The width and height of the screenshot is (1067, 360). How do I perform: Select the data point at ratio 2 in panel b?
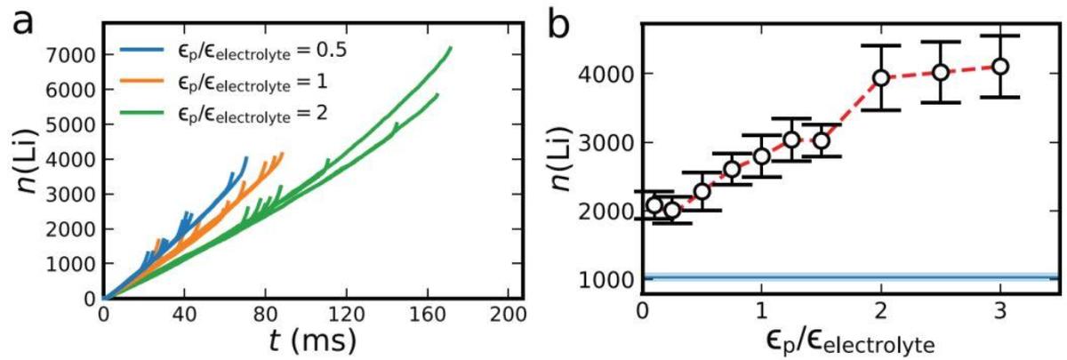tap(881, 78)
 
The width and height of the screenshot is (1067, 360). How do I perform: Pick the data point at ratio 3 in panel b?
tap(1000, 67)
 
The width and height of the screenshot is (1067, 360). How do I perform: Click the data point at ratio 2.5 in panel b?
tap(941, 72)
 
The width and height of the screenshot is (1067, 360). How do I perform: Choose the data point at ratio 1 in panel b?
tap(762, 156)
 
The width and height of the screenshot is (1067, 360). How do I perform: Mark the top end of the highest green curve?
tap(451, 47)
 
